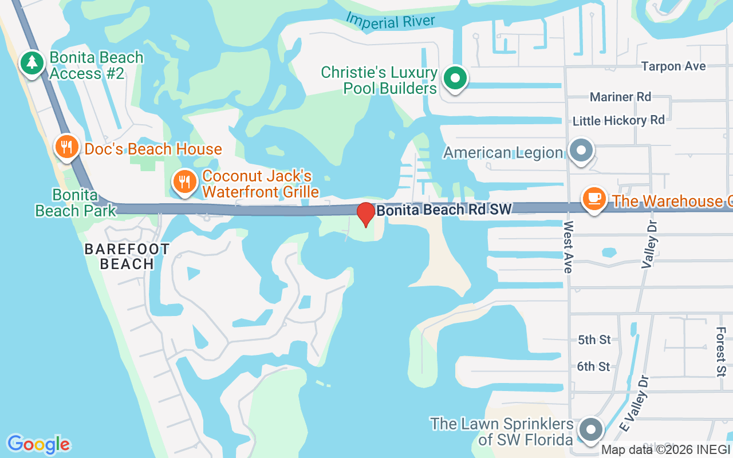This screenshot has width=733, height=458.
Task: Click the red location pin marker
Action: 365,215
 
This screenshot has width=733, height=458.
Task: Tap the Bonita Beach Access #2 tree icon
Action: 32,63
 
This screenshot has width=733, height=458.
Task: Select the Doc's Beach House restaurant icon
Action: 67,147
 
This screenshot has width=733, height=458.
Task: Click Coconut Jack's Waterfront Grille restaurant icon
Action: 184,183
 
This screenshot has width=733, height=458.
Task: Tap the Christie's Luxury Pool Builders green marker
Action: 455,78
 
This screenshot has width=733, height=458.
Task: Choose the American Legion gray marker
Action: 581,152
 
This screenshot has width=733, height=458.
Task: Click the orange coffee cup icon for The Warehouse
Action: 594,199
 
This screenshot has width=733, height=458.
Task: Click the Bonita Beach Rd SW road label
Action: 444,210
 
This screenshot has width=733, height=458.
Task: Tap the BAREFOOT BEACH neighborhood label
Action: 127,256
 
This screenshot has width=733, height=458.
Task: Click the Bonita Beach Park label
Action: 76,203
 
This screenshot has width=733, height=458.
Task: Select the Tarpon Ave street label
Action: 673,66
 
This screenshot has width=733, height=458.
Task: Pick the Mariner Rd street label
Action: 620,97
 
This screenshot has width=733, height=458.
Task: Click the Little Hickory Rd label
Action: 618,120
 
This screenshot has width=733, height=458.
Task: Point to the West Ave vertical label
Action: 568,247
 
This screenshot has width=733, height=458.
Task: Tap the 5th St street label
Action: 594,339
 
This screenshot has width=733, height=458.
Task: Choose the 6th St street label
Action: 593,366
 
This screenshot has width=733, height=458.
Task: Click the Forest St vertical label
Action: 720,352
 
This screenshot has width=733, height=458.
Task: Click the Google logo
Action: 38,444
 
